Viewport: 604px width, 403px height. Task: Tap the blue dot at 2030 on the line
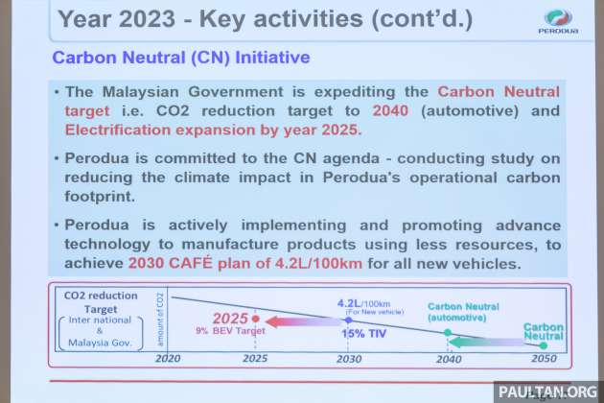(349, 320)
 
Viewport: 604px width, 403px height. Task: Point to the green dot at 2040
(447, 332)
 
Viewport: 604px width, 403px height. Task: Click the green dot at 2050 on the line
(543, 344)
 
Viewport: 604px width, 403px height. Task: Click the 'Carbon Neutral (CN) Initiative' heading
(181, 58)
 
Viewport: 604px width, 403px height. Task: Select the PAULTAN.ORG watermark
(546, 391)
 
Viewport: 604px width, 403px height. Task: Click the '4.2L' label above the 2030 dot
(347, 302)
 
